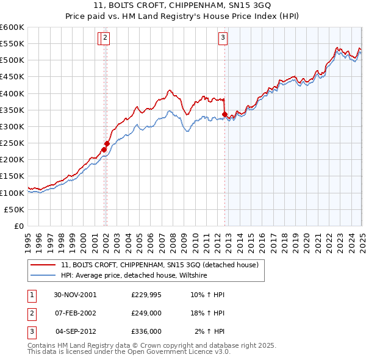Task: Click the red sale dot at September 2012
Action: [224, 114]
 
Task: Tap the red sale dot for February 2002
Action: [107, 143]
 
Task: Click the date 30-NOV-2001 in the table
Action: [75, 295]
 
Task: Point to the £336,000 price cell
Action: [146, 331]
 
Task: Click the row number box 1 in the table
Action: [31, 295]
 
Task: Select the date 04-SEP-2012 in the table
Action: [75, 331]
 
